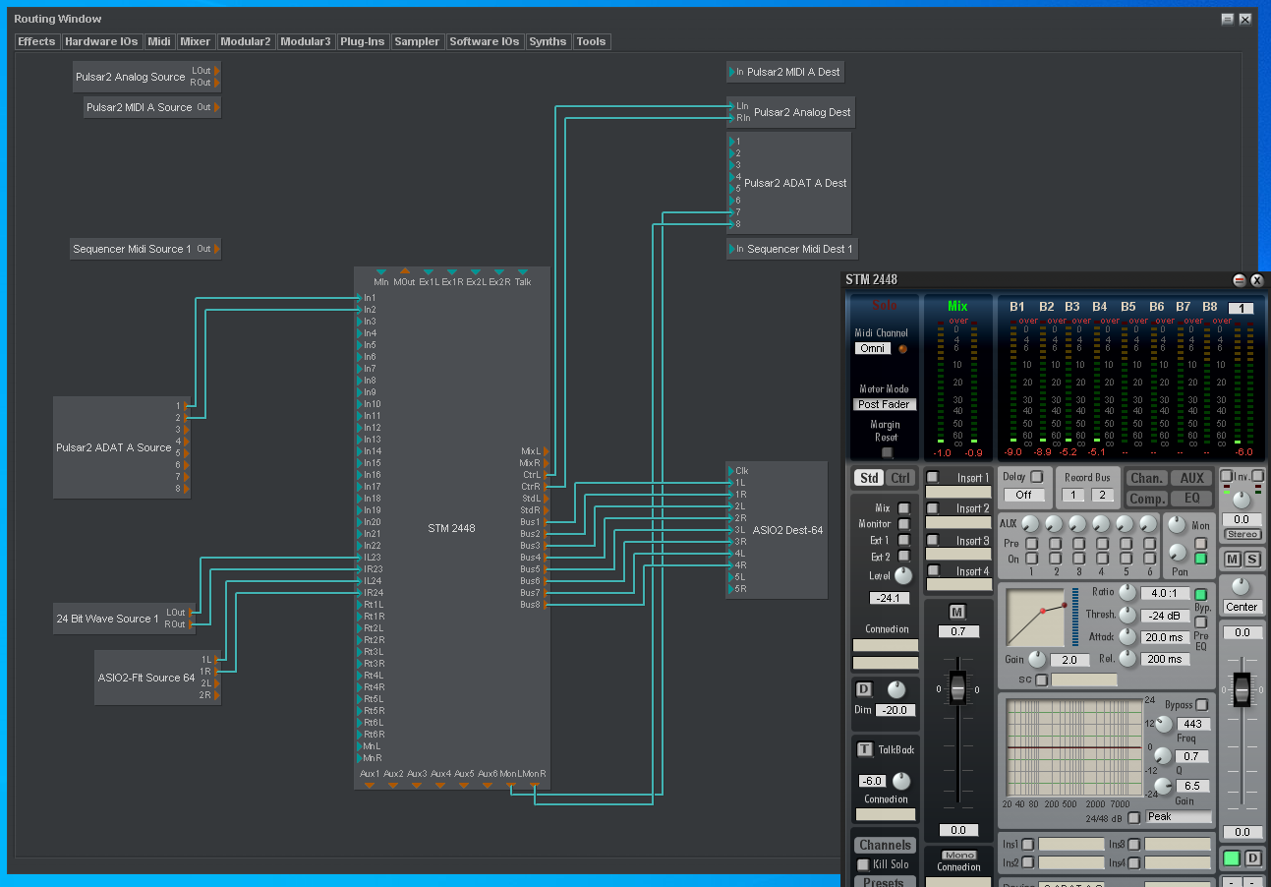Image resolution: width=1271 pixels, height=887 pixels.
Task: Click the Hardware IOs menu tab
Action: pos(101,41)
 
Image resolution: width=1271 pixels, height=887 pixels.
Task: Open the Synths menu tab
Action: pos(548,41)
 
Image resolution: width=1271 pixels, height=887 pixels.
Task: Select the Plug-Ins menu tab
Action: pos(362,41)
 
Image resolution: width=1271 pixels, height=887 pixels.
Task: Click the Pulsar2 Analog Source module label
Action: pos(131,77)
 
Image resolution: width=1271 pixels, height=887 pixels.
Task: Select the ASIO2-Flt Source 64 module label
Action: pos(145,678)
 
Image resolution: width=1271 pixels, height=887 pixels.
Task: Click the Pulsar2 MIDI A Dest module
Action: pos(793,72)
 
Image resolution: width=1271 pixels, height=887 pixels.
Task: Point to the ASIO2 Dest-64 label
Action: pos(787,530)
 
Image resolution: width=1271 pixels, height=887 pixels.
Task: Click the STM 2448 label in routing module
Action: pos(451,528)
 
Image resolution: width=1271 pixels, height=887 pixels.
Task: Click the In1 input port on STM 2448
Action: pos(370,298)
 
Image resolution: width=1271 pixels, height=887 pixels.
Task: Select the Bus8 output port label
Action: pos(530,605)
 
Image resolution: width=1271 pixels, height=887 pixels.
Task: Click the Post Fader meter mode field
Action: pos(884,404)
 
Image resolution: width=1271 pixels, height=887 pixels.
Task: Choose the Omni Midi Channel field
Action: pos(871,348)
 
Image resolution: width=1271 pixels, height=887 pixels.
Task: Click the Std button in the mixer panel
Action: pos(869,478)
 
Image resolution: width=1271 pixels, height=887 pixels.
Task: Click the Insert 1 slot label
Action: pos(972,478)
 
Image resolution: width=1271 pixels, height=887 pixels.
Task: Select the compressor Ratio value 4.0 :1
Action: pos(1165,594)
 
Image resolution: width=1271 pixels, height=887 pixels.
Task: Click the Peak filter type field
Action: pos(1178,816)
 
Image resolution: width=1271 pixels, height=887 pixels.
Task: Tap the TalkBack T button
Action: pos(864,749)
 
